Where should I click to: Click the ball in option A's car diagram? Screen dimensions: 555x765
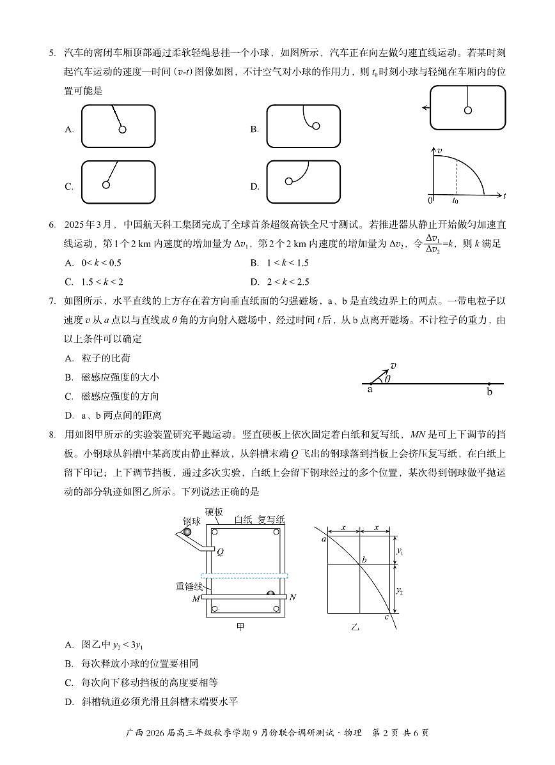coord(122,130)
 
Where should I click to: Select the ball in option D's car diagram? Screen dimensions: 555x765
coord(289,181)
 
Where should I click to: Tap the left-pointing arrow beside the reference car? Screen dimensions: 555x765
coord(425,109)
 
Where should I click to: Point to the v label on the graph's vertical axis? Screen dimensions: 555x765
coord(439,150)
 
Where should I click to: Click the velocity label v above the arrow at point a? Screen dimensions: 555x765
coord(393,366)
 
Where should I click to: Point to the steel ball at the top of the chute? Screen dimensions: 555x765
coord(187,532)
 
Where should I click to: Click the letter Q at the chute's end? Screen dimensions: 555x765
coord(220,552)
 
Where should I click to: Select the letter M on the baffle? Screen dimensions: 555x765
coord(196,599)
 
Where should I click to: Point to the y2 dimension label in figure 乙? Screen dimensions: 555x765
coord(400,591)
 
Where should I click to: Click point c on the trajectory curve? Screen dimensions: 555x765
coord(387,616)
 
